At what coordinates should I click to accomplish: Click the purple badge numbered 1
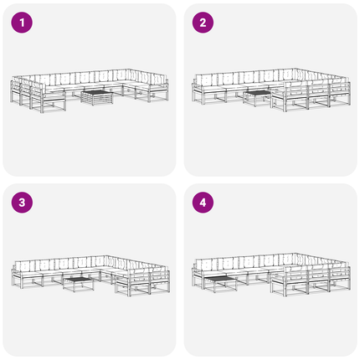[x=22, y=23]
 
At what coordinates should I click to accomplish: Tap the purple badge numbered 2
[x=203, y=23]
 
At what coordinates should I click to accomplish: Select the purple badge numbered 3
[x=22, y=203]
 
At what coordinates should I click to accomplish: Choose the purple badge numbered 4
[x=203, y=203]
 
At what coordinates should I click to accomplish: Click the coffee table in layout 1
[x=97, y=97]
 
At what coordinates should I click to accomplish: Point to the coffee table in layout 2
[x=257, y=99]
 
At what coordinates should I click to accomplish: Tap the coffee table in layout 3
[x=79, y=284]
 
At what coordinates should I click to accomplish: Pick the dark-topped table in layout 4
[x=220, y=283]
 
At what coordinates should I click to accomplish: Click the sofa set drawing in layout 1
[x=90, y=90]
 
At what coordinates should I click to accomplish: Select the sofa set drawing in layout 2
[x=271, y=90]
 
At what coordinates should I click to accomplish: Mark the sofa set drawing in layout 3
[x=90, y=275]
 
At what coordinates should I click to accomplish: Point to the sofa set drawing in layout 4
[x=271, y=275]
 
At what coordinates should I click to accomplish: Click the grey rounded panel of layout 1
[x=90, y=90]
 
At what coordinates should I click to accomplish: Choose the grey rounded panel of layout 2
[x=270, y=90]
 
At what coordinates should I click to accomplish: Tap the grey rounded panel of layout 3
[x=90, y=270]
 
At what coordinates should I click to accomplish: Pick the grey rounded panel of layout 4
[x=270, y=270]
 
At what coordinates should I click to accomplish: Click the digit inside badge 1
[x=22, y=23]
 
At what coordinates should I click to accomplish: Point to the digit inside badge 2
[x=203, y=23]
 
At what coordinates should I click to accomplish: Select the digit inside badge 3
[x=22, y=203]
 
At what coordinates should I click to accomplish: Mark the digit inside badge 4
[x=203, y=203]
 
